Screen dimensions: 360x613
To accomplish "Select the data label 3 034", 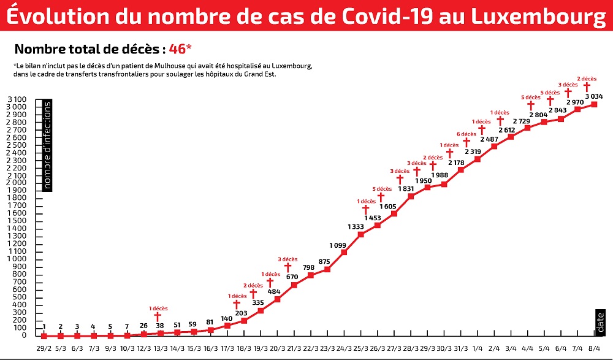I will pos(594,96).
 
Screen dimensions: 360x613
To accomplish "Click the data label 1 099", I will pos(338,245).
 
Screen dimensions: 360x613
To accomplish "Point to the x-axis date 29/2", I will pos(44,348).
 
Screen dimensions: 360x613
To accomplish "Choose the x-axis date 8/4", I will pos(594,348).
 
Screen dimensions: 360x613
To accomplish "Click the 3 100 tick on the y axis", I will pos(17,99).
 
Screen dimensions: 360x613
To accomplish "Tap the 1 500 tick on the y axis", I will pos(17,221).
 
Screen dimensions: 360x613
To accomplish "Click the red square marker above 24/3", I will pos(344,252).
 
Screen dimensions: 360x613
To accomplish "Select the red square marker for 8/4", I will pos(594,104).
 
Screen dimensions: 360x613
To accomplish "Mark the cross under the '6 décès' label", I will pos(466,143).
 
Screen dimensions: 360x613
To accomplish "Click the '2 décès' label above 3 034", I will pos(587,79).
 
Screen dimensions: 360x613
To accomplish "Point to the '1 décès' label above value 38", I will pos(158,308).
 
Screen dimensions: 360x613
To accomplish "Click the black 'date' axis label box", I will pos(600,323).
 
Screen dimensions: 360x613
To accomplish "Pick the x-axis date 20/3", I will pos(277,348).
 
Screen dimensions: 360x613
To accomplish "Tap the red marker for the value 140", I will pos(227,325).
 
